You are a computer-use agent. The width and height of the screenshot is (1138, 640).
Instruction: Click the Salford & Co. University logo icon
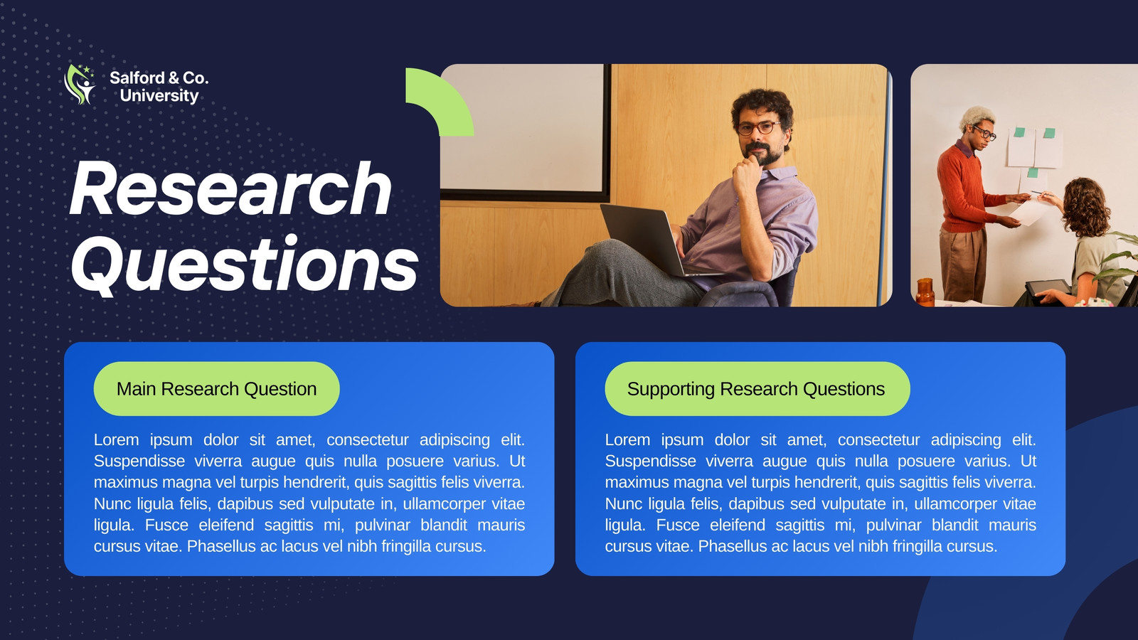80,85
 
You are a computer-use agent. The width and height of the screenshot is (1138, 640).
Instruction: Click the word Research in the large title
230,188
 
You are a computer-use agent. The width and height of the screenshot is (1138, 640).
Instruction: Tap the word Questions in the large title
245,265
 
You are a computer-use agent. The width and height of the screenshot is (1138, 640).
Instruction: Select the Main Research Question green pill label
216,388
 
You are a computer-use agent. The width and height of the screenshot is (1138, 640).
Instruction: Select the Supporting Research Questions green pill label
757,388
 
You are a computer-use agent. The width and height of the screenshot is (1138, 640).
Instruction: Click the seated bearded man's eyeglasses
758,128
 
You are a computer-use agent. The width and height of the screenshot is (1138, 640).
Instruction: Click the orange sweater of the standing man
964,188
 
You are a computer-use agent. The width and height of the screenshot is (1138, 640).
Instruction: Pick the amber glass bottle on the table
925,292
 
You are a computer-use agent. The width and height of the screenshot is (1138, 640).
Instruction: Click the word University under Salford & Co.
159,96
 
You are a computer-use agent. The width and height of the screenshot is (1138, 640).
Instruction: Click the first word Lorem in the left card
117,439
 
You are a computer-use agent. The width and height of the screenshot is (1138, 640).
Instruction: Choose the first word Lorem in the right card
627,439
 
